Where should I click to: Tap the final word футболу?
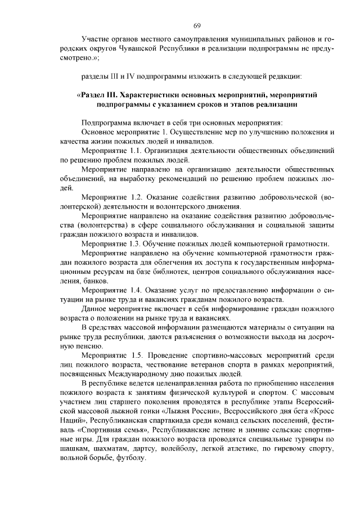coord(130,457)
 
